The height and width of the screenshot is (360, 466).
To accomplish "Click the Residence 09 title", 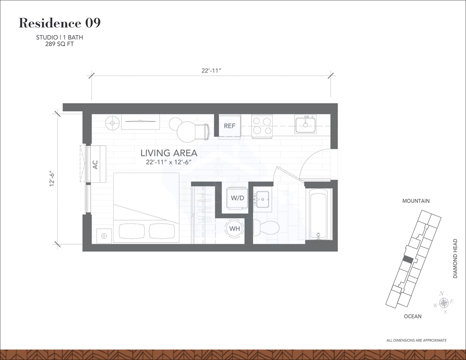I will click(60, 23).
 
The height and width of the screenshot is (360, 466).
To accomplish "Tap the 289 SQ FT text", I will click(59, 44).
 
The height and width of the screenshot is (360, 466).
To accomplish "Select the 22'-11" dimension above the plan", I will click(211, 71).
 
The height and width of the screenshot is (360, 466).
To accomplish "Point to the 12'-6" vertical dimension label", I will click(52, 178).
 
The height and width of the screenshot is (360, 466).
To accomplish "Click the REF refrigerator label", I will click(229, 126).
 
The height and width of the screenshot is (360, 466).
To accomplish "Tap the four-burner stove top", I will click(262, 126).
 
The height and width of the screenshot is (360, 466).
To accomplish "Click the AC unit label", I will click(95, 165).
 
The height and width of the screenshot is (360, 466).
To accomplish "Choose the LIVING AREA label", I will click(169, 153).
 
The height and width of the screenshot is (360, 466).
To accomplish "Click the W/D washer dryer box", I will click(237, 198).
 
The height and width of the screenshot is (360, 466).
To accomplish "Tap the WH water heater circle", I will click(234, 228).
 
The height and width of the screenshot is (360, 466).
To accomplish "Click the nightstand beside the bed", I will click(104, 235).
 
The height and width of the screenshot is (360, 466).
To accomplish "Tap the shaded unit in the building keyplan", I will click(408, 260).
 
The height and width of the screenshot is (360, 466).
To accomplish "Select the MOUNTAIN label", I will click(416, 201).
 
